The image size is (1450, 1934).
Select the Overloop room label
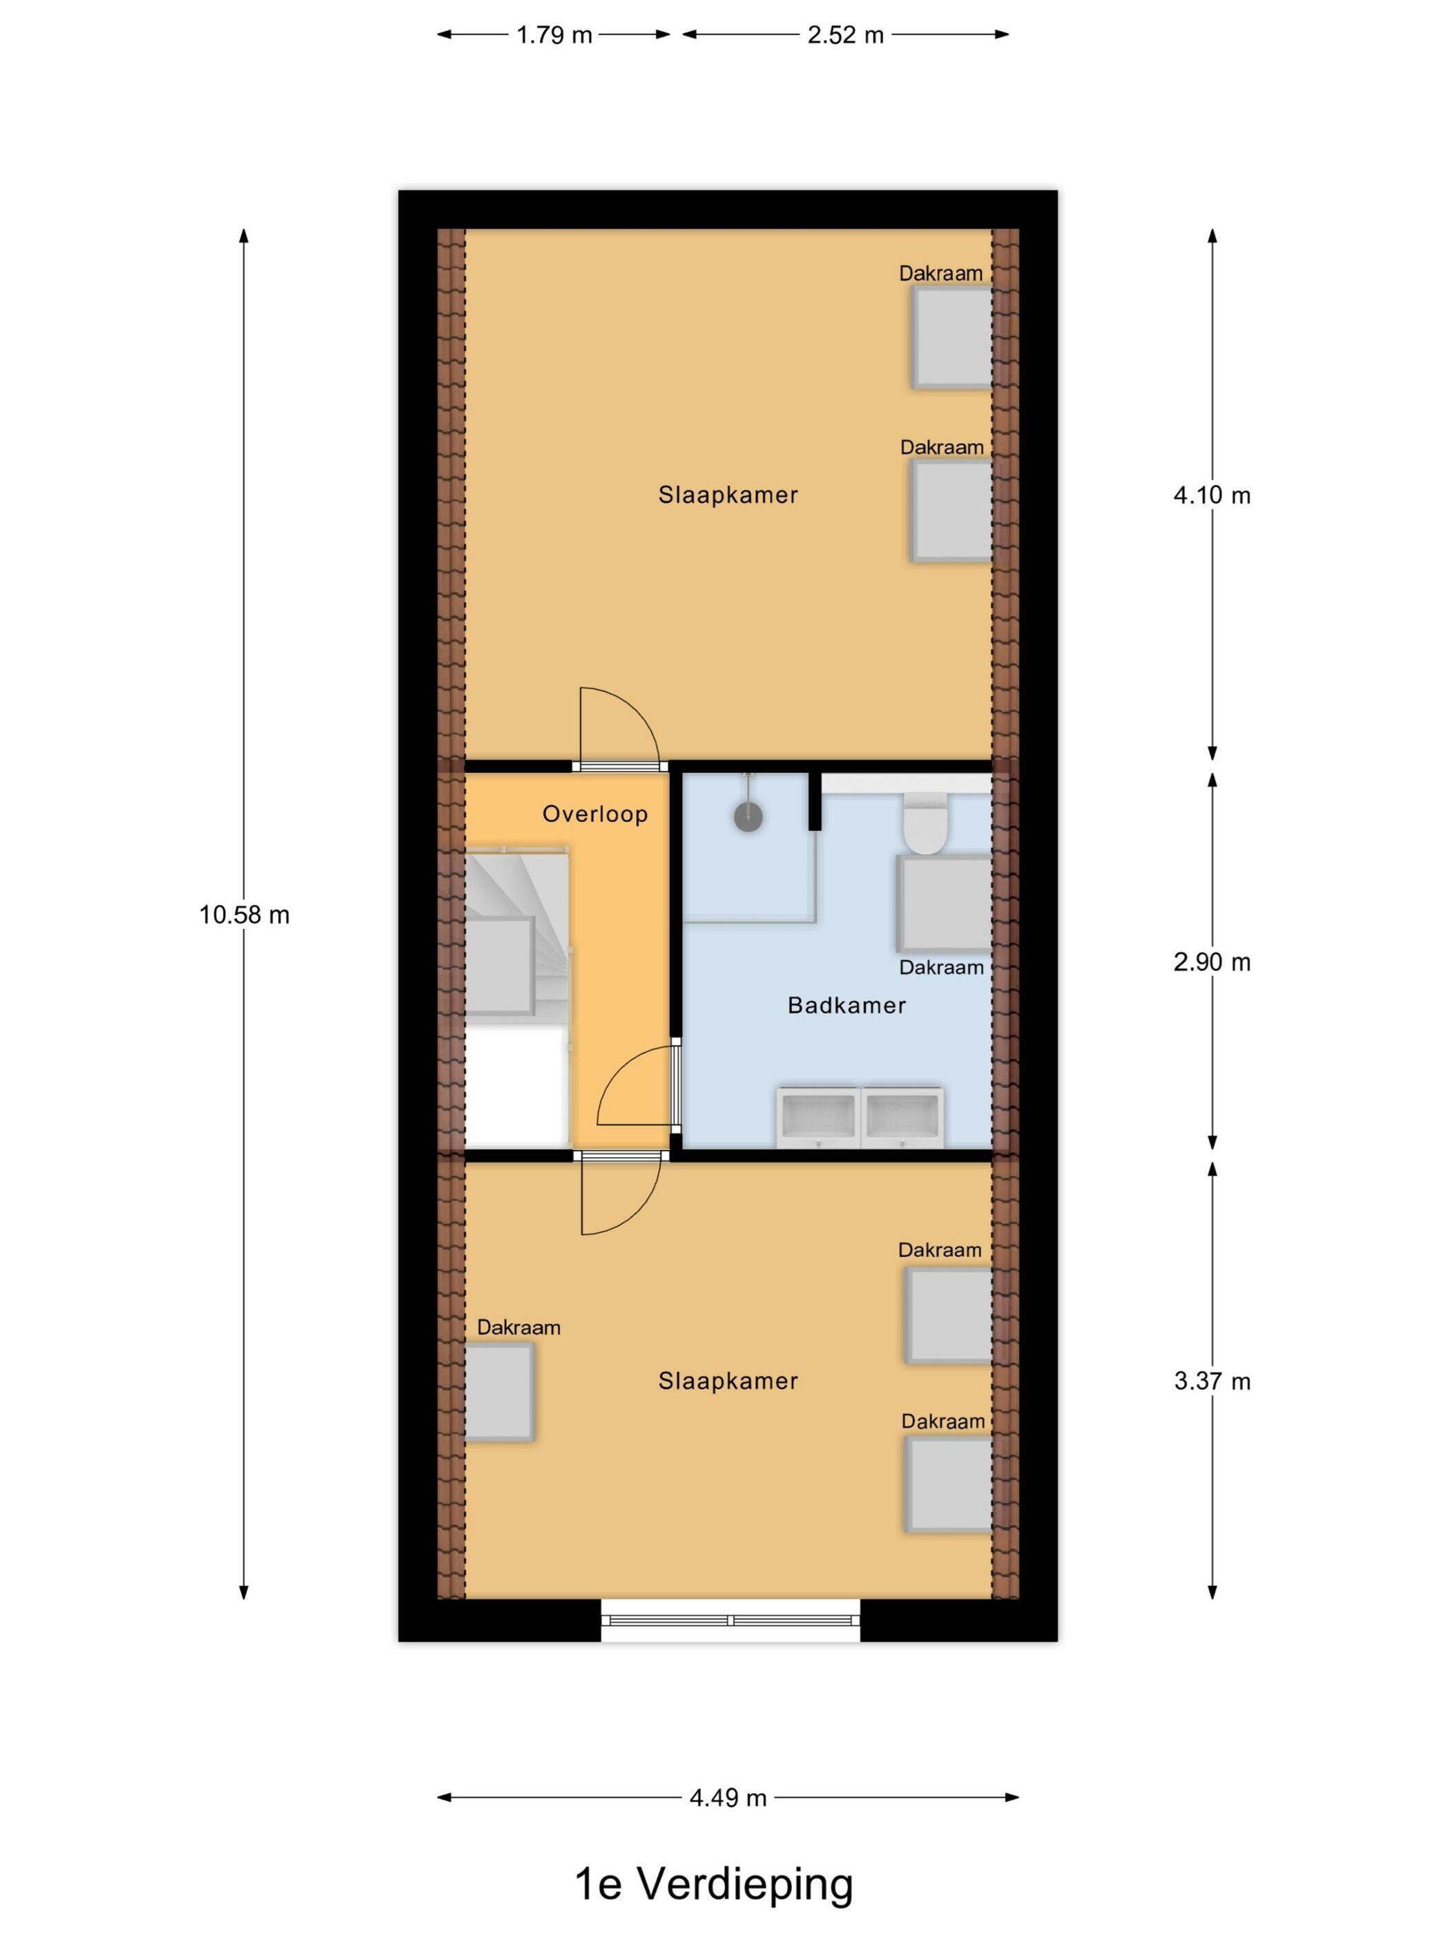(x=594, y=814)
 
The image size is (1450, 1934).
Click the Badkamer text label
(x=846, y=1006)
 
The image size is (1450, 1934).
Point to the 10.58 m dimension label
(x=244, y=915)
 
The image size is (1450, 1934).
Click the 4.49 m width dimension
(x=727, y=1798)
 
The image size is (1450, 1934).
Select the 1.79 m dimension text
(x=554, y=35)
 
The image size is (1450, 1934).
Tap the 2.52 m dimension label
(x=845, y=35)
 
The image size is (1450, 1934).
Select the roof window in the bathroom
(x=945, y=904)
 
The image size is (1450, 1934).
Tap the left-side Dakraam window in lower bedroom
(x=499, y=1392)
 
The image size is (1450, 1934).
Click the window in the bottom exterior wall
(x=730, y=1619)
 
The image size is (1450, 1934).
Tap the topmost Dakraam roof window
(x=951, y=336)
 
